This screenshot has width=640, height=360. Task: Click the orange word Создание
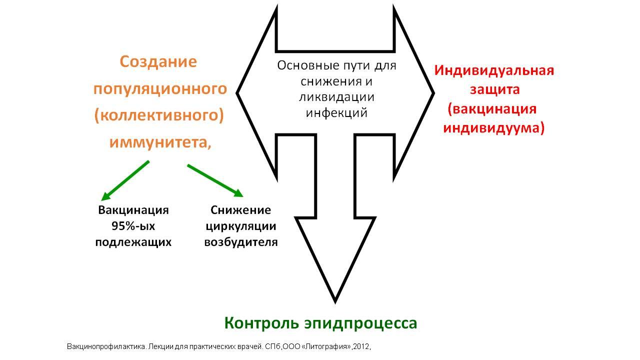(158, 61)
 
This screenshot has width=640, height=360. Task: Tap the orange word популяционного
(160, 89)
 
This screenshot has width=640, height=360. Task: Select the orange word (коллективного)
(159, 115)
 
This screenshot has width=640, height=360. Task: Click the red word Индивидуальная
(494, 71)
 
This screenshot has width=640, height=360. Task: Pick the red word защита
(495, 89)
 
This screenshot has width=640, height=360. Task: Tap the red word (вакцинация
(492, 109)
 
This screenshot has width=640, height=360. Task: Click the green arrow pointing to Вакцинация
(125, 180)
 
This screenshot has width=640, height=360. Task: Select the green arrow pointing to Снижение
(215, 180)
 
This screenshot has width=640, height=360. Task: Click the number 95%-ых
(133, 226)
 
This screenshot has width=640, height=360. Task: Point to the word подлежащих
(133, 242)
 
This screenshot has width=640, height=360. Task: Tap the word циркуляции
(241, 226)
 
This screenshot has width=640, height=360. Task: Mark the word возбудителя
(241, 242)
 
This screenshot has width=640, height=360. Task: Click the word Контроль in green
(261, 323)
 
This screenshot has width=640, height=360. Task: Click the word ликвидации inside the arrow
(336, 97)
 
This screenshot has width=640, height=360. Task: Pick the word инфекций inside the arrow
(336, 113)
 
